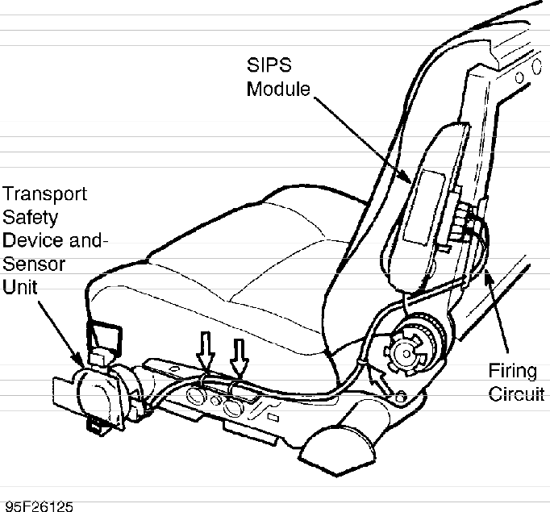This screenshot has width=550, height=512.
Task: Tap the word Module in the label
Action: coord(278,88)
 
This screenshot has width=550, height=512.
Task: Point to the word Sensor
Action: coord(35,264)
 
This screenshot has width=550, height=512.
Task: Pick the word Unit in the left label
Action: coord(21,287)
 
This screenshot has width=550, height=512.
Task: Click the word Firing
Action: coord(513,371)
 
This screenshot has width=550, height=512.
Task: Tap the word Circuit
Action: coord(517,395)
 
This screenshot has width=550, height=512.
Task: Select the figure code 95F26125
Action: coord(38,506)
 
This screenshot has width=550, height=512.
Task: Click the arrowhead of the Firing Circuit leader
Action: coord(486,277)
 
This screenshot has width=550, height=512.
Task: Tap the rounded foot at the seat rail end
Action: coord(339,440)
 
